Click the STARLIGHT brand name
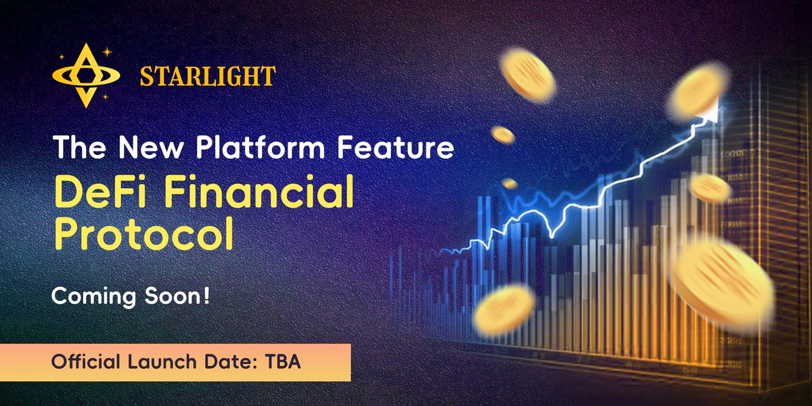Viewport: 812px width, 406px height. tap(208, 76)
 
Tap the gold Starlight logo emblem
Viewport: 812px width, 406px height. tap(86, 76)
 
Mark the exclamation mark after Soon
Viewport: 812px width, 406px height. tap(206, 296)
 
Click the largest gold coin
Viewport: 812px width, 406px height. tap(723, 284)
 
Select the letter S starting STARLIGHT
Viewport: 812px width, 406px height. tap(147, 76)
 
